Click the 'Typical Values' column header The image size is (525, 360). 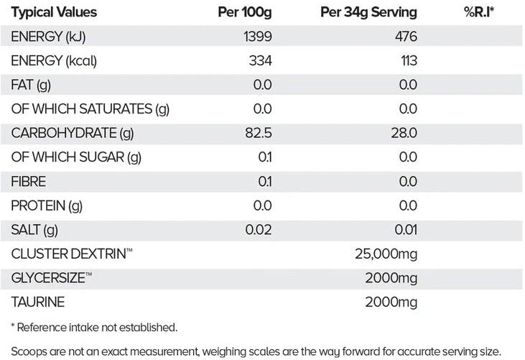pyautogui.click(x=54, y=12)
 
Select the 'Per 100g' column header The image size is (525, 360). pyautogui.click(x=244, y=12)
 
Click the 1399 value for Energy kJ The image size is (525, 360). pyautogui.click(x=257, y=37)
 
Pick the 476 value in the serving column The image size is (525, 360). pyautogui.click(x=405, y=37)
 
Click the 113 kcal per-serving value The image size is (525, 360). pyautogui.click(x=408, y=61)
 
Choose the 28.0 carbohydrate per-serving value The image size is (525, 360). pyautogui.click(x=404, y=134)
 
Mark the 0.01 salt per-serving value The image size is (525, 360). pyautogui.click(x=404, y=230)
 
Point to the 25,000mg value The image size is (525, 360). pyautogui.click(x=386, y=254)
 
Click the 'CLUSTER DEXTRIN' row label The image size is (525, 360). pyautogui.click(x=68, y=254)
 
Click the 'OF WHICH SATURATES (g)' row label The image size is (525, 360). pyautogui.click(x=90, y=109)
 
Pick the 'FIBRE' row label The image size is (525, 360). pyautogui.click(x=29, y=182)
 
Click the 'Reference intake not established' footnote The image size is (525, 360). pyautogui.click(x=94, y=328)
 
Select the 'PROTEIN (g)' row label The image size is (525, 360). pyautogui.click(x=47, y=206)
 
